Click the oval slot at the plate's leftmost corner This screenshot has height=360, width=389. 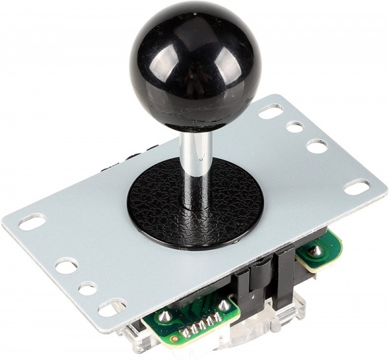32,222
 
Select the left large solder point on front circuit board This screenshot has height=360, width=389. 165,317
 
